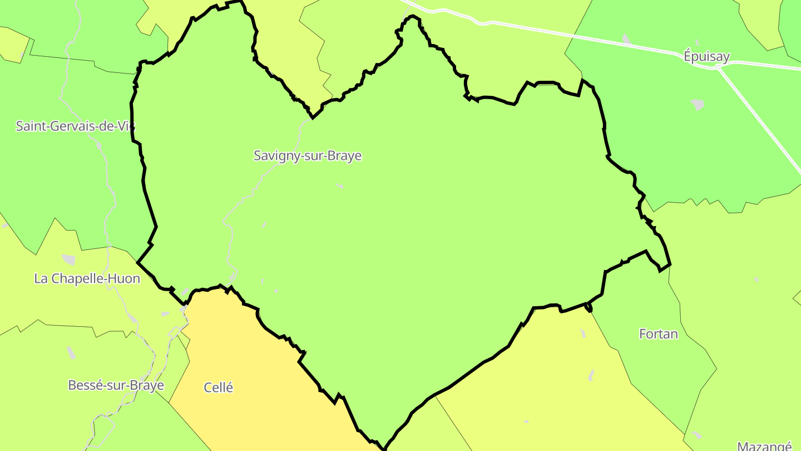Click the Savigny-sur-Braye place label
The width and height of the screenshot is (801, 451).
(x=308, y=156)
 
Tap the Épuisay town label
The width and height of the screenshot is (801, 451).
(x=706, y=56)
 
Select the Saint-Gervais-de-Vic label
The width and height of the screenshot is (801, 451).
(x=75, y=126)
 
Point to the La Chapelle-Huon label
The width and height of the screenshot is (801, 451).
(x=87, y=278)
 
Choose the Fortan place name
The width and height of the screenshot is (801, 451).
(x=659, y=334)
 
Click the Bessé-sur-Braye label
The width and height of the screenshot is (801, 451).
(x=116, y=385)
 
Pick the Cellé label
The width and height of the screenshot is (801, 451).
(x=219, y=388)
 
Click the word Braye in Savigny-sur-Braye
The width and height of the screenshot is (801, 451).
(x=345, y=156)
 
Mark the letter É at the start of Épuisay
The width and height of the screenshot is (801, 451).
(x=688, y=56)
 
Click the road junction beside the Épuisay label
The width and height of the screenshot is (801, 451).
(x=718, y=67)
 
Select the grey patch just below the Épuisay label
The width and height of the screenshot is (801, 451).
(x=697, y=104)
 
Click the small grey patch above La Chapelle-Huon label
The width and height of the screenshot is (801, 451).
(x=69, y=259)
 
